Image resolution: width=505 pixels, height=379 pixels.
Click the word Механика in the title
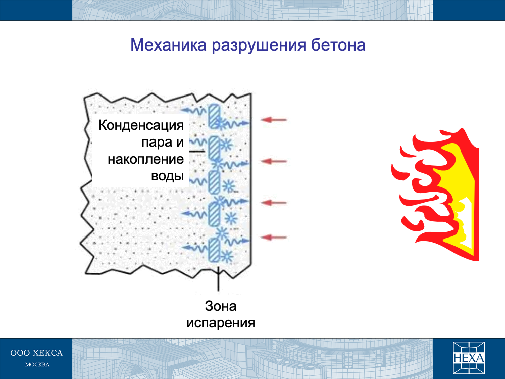click(168, 45)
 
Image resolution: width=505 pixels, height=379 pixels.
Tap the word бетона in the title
click(338, 45)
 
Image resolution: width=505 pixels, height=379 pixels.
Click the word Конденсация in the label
click(141, 125)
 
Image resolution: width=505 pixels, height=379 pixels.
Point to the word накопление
click(145, 159)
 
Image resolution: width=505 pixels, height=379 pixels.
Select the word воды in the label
click(167, 176)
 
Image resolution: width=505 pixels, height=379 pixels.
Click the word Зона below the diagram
click(221, 306)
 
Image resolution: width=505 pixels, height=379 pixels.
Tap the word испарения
click(221, 323)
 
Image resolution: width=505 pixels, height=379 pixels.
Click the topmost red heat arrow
click(273, 120)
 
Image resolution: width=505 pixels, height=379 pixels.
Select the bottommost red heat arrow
click(273, 238)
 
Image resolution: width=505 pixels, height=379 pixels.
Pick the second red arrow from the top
click(273, 161)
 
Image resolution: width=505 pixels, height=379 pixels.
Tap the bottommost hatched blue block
click(213, 250)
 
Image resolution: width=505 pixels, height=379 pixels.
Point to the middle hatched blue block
click(214, 182)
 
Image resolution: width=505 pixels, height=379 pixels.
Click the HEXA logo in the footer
click(469, 358)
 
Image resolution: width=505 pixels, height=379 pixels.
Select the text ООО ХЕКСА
click(36, 353)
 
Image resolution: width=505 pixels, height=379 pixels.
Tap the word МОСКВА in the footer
click(37, 365)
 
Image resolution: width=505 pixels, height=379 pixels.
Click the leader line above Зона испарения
click(218, 278)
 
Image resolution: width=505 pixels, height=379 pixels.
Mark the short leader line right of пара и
click(196, 151)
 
